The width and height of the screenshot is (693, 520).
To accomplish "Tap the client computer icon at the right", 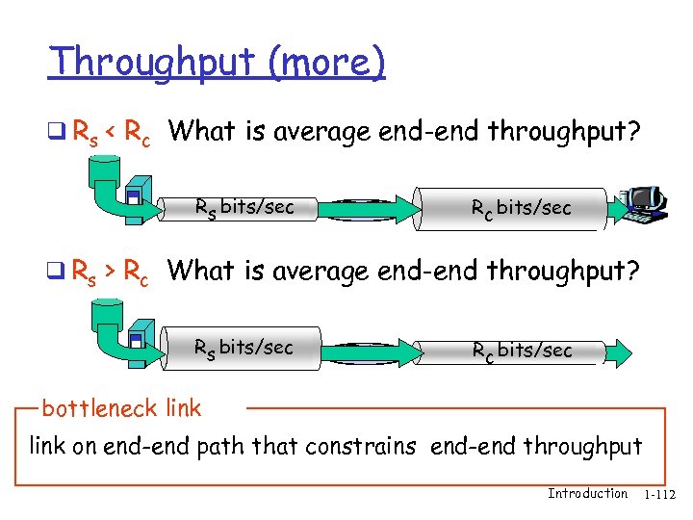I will point(645,203).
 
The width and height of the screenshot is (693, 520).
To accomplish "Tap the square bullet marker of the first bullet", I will point(62,132).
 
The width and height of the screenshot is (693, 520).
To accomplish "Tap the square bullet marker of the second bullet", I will point(62,273).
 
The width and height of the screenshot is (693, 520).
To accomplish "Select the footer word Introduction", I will point(587,494).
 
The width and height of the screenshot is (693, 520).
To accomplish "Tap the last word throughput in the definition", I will point(585,447).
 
